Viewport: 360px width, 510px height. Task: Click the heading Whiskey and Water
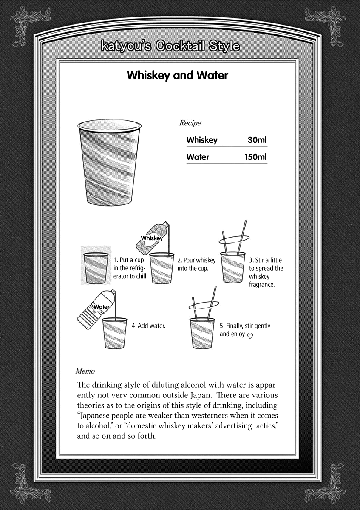[177, 76]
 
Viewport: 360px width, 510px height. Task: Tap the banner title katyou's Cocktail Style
[170, 46]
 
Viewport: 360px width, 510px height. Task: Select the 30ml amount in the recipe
[257, 140]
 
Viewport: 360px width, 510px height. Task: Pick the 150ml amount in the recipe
[255, 157]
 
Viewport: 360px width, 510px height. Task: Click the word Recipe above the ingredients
[190, 123]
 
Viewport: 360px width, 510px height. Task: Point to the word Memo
[85, 371]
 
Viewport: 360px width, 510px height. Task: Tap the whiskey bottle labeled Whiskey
[152, 238]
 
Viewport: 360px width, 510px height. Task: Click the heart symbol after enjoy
[250, 336]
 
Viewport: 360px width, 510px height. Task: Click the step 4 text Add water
[148, 326]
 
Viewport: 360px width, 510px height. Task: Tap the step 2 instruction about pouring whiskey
[196, 264]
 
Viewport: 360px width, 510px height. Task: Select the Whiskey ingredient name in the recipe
[202, 140]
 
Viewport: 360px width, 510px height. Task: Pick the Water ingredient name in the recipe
[198, 157]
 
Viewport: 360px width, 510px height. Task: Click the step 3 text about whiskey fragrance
[266, 272]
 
